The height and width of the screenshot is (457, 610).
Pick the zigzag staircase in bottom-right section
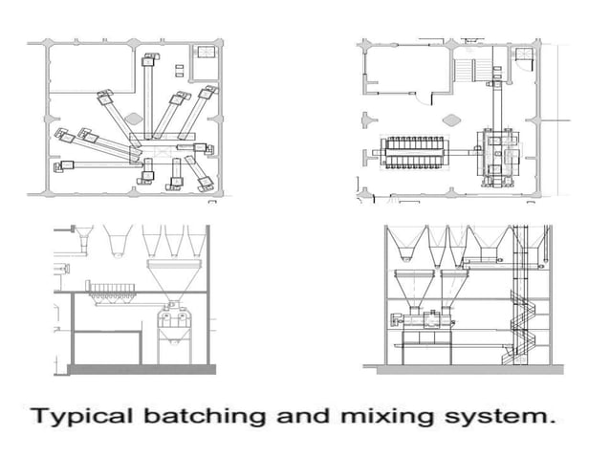[522, 325]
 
